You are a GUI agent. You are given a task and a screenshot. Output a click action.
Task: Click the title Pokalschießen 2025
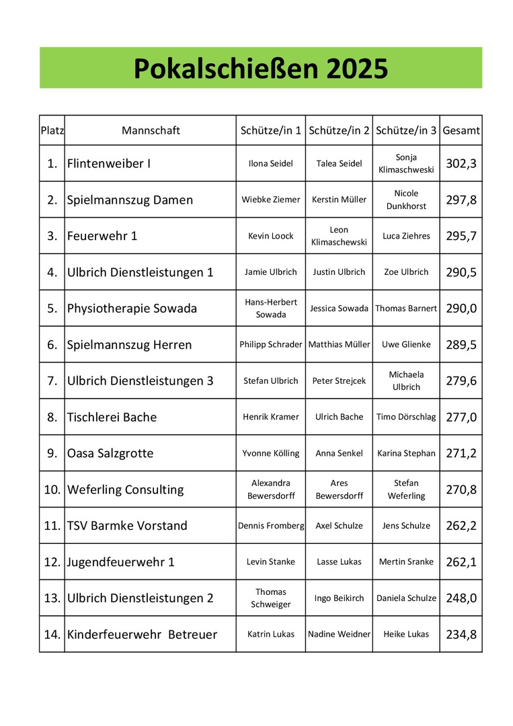[260, 68]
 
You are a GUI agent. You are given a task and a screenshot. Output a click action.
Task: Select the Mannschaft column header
[151, 130]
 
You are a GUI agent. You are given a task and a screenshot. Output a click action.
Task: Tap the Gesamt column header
[461, 130]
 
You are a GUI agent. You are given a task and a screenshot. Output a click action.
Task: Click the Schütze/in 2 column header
[339, 130]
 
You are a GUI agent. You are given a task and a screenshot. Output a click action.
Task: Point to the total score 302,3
[461, 163]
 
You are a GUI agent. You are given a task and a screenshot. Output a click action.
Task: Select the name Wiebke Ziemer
[271, 200]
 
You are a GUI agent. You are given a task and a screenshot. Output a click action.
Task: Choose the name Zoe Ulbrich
[406, 272]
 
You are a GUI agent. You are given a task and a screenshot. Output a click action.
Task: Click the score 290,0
[461, 309]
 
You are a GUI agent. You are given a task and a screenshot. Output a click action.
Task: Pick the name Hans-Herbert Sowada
[271, 309]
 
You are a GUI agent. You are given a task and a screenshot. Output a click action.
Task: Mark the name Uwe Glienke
[406, 345]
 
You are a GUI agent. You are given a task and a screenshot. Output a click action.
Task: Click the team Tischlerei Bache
[112, 417]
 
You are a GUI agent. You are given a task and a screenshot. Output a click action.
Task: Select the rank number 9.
[52, 454]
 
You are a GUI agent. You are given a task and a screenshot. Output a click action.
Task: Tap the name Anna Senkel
[339, 454]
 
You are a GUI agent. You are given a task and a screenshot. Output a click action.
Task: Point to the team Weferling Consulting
[125, 490]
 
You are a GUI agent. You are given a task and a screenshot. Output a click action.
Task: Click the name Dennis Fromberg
[271, 526]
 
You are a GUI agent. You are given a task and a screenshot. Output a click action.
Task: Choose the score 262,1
[461, 563]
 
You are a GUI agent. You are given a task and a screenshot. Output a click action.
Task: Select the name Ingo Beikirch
[339, 598]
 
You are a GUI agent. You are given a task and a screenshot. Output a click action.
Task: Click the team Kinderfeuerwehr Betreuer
[142, 635]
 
